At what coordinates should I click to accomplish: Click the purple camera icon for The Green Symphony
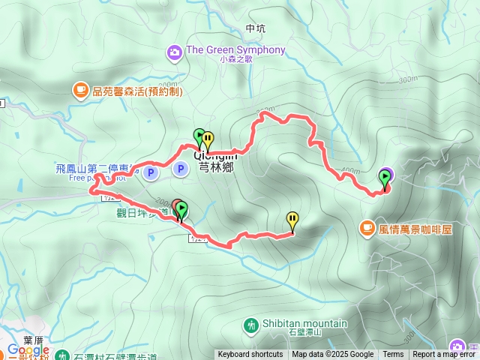click(174, 52)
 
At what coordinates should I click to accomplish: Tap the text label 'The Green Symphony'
click(235, 50)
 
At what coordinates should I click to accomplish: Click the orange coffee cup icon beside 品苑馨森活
click(79, 90)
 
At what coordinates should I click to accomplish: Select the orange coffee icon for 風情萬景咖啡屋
click(367, 226)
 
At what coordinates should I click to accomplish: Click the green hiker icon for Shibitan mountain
click(250, 325)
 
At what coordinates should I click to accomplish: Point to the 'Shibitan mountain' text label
click(304, 323)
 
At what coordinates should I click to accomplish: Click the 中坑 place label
click(256, 29)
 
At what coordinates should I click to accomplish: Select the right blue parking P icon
click(180, 169)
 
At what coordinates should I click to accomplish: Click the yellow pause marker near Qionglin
click(208, 139)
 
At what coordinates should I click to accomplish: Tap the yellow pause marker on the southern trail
click(292, 220)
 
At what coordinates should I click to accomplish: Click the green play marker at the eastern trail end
click(385, 178)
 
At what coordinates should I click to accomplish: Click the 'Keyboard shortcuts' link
click(250, 355)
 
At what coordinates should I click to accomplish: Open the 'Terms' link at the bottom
click(393, 355)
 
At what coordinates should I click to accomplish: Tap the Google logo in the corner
click(28, 350)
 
